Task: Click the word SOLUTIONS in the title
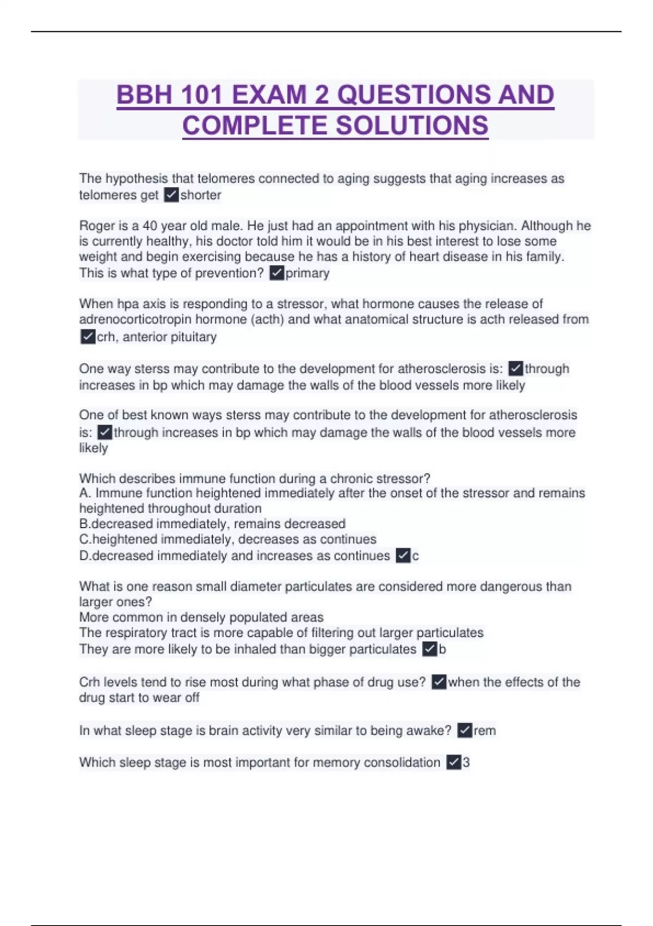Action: (x=412, y=125)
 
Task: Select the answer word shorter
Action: (x=201, y=195)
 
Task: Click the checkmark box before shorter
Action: (x=171, y=195)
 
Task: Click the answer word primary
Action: (x=307, y=273)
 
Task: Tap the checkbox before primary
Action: (x=277, y=273)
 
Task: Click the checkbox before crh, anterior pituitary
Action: (x=88, y=337)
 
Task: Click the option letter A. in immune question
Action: (x=85, y=493)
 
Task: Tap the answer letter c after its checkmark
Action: (x=416, y=556)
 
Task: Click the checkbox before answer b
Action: (x=429, y=649)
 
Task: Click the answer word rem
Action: (x=484, y=730)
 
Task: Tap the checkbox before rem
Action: (x=464, y=730)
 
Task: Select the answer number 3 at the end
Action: (x=466, y=762)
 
